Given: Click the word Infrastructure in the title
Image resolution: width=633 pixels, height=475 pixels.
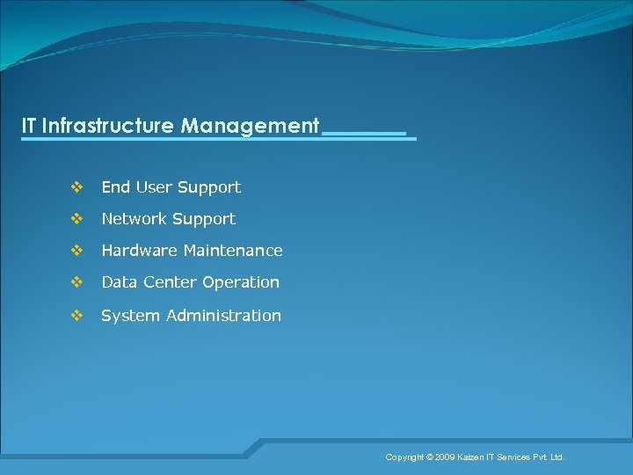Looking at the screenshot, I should [108, 126].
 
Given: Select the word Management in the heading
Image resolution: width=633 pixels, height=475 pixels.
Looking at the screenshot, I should [250, 126].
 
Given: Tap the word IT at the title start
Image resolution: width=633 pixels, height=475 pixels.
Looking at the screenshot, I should [30, 126].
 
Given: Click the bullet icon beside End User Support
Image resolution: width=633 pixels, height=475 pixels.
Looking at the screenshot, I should [76, 186].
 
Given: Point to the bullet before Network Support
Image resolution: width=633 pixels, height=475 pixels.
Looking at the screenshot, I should [76, 218].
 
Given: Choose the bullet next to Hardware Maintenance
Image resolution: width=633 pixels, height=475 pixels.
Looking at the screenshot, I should [76, 251].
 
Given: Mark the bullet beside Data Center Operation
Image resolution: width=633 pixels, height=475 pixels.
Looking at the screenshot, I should [76, 282].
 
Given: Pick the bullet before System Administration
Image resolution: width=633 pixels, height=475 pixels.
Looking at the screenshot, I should [76, 315].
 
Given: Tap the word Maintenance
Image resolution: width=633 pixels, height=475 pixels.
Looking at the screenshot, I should [233, 251].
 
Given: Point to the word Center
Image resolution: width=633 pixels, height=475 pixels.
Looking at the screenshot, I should [170, 282].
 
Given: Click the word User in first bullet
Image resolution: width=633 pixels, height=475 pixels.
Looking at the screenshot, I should [153, 187].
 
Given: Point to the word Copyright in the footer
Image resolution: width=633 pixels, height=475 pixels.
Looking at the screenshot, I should [404, 457].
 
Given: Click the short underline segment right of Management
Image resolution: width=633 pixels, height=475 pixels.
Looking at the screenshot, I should [365, 134].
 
